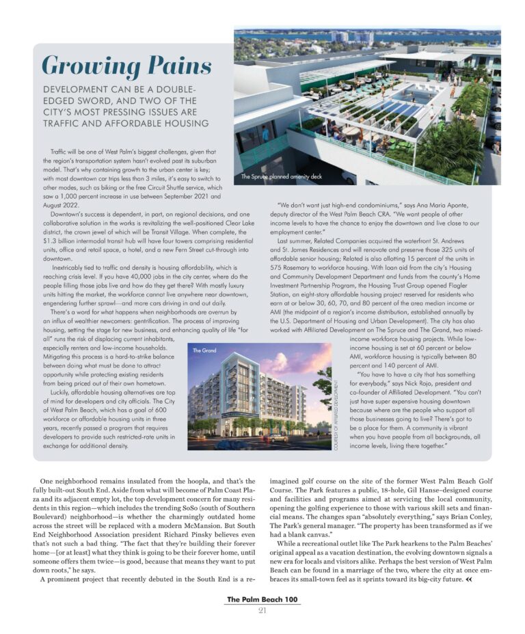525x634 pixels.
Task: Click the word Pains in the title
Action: coord(174,66)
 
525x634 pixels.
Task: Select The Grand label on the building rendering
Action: coord(204,350)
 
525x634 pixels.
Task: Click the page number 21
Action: coord(262,611)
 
